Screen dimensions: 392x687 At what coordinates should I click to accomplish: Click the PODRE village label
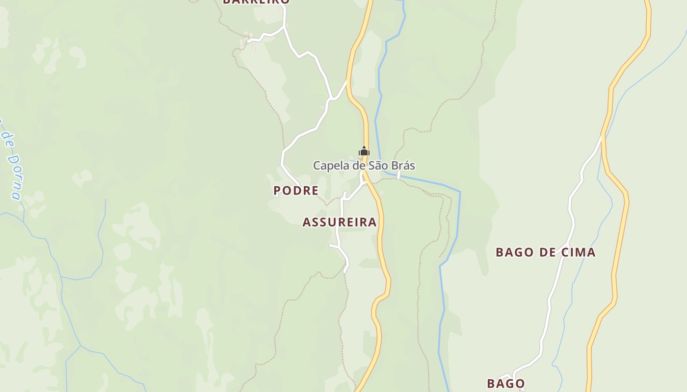(x=296, y=191)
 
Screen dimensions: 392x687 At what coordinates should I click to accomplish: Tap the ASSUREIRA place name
(x=340, y=222)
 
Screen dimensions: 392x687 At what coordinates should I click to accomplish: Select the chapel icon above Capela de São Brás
(x=364, y=151)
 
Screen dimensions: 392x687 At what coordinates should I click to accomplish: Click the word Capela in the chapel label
(x=331, y=166)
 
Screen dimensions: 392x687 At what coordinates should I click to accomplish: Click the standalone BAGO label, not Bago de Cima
(x=506, y=383)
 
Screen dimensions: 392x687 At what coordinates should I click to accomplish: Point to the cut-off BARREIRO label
(x=256, y=2)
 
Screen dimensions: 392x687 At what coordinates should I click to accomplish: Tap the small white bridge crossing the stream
(x=398, y=175)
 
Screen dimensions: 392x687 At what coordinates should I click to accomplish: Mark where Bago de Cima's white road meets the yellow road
(x=603, y=137)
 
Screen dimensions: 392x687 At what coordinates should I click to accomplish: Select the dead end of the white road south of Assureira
(x=345, y=271)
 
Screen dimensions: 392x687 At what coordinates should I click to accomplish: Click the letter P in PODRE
(x=277, y=191)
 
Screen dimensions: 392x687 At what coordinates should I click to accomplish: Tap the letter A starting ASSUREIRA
(x=307, y=222)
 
